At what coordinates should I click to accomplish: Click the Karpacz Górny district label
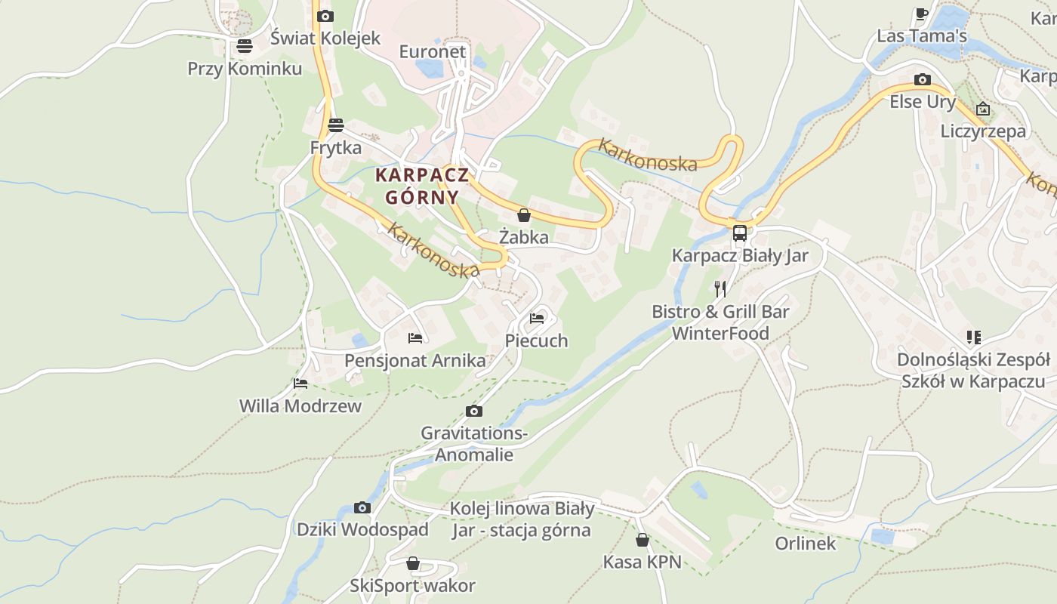tap(422, 186)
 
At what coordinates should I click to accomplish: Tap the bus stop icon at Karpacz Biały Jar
tap(739, 233)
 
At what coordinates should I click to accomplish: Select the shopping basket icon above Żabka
tap(524, 216)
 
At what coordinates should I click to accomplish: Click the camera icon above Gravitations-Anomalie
tap(474, 411)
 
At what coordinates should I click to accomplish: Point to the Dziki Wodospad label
tap(362, 529)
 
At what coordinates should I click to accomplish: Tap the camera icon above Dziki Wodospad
tap(362, 507)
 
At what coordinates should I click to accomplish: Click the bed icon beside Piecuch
tap(537, 319)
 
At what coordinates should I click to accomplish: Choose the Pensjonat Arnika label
tap(415, 360)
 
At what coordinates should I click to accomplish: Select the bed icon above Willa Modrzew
tap(300, 384)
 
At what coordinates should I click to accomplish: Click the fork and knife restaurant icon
tap(720, 288)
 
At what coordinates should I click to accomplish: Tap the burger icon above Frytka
tap(336, 125)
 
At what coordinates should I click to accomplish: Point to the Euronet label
tap(433, 51)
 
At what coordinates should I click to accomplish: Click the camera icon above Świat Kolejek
tap(325, 16)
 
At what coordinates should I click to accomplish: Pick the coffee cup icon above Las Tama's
tap(921, 14)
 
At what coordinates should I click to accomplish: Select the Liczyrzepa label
tap(983, 131)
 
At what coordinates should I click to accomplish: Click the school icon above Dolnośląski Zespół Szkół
tap(974, 337)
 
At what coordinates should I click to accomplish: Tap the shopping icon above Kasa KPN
tap(643, 540)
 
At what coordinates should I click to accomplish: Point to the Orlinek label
tap(806, 544)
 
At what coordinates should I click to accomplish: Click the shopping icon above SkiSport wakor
tap(413, 564)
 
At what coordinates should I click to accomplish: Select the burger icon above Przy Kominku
tap(244, 46)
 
